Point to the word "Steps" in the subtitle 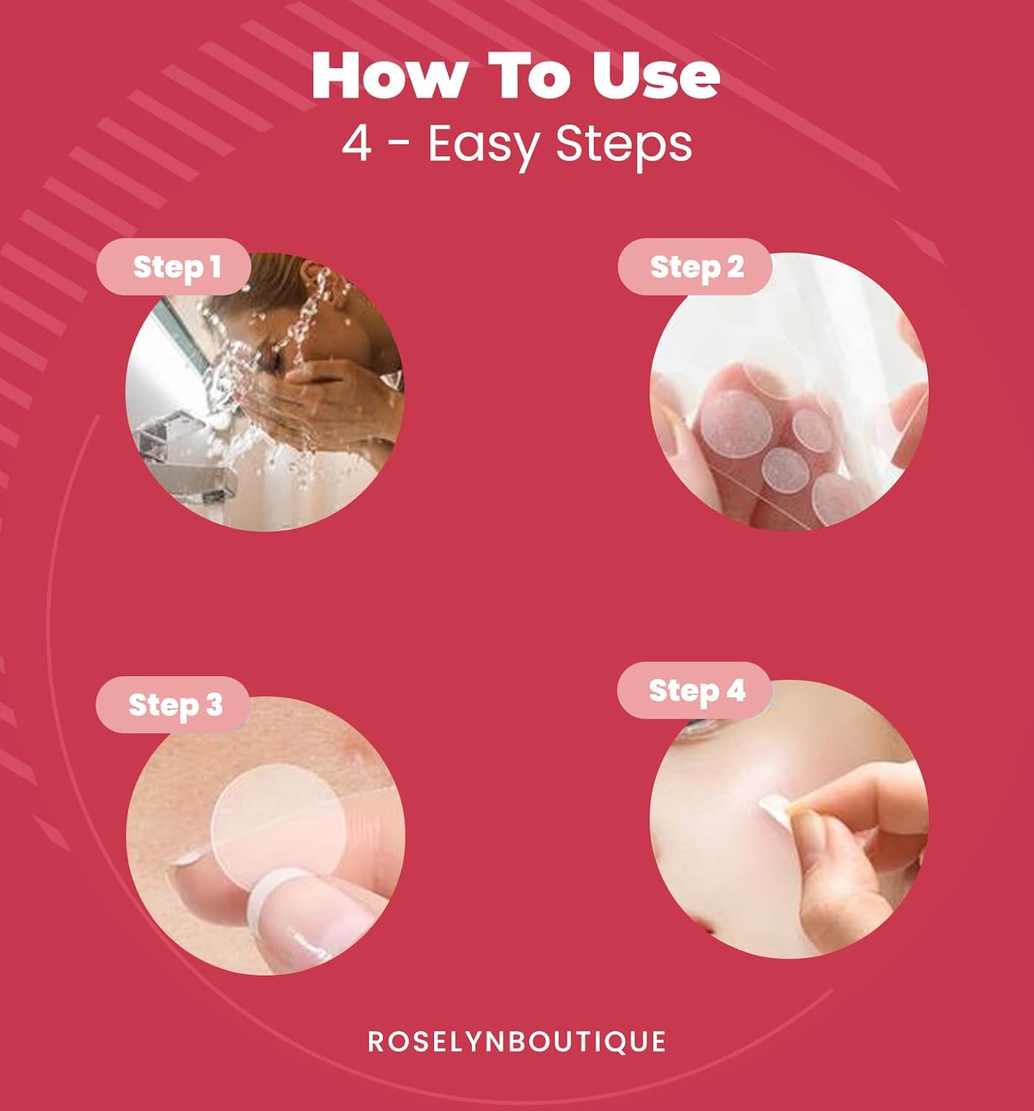coord(624,146)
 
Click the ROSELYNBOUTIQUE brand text coord(516,1041)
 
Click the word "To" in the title coord(530,76)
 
